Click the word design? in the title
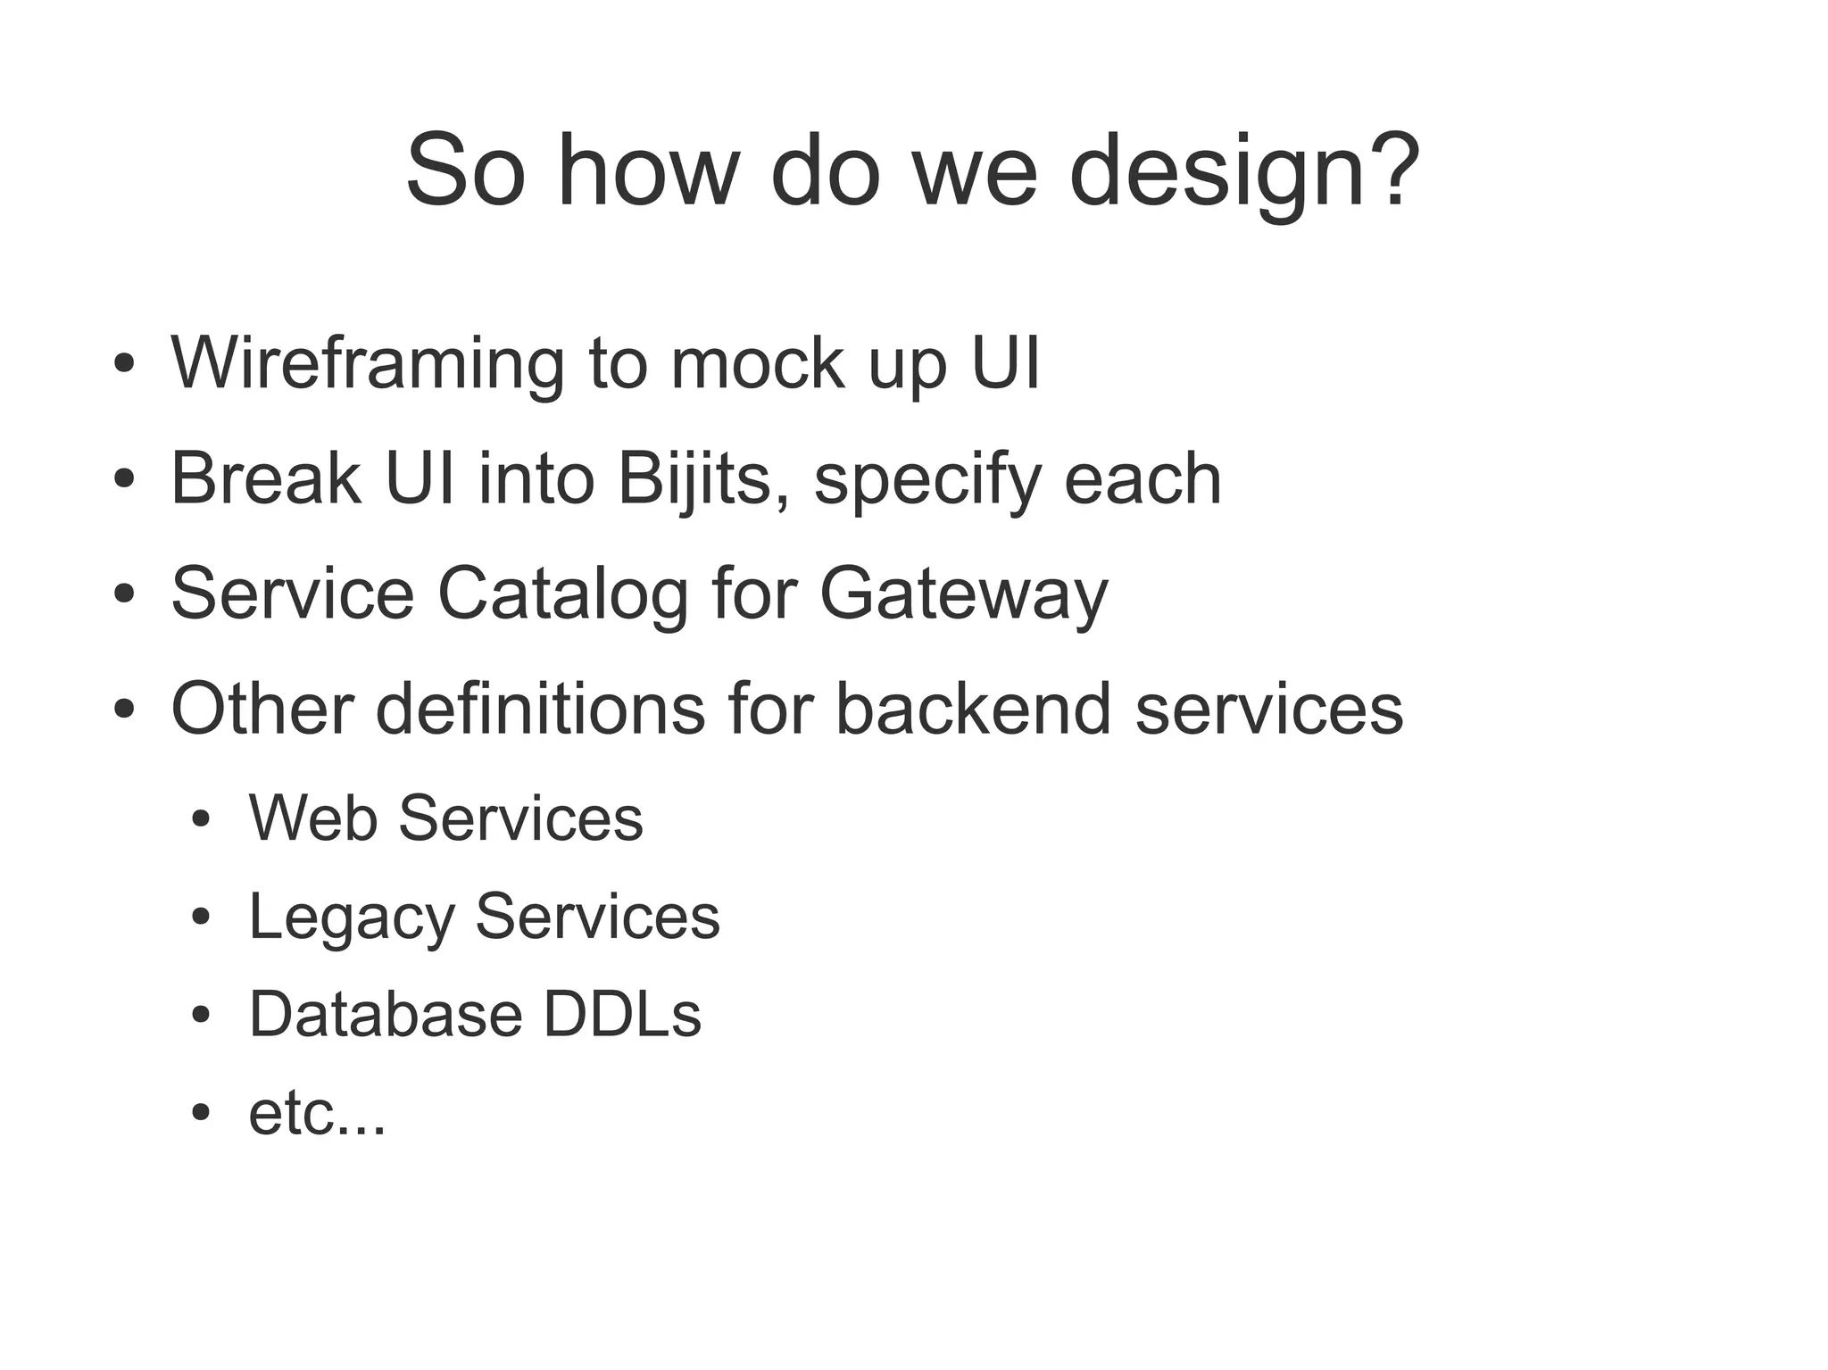coord(1243,171)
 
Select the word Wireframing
coord(367,364)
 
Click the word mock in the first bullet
coord(757,364)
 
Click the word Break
coord(266,479)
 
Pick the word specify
coord(927,479)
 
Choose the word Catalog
coord(562,594)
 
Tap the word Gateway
coord(963,594)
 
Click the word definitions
coord(540,709)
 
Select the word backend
coord(973,709)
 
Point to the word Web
coord(312,818)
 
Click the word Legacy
coord(351,917)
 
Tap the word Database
coord(385,1015)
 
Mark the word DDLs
coord(622,1015)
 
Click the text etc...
coord(316,1114)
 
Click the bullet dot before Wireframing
coord(124,365)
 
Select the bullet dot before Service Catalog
coord(124,594)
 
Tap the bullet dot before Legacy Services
coord(201,917)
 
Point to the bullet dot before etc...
coord(201,1113)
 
